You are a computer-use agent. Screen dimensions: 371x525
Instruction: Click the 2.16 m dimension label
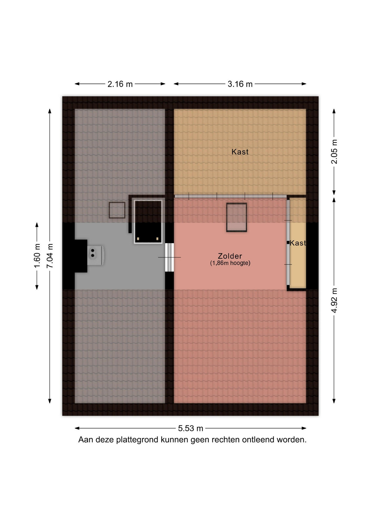[x=120, y=84]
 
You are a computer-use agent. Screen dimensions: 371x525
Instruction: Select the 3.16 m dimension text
[x=240, y=84]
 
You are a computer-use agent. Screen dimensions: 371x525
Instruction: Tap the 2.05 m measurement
[x=334, y=151]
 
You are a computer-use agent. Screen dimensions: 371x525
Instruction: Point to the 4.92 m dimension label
[x=334, y=300]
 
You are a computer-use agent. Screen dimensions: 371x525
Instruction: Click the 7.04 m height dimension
[x=50, y=256]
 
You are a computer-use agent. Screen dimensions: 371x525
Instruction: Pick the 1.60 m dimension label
[x=37, y=256]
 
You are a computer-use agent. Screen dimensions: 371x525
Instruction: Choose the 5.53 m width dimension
[x=191, y=428]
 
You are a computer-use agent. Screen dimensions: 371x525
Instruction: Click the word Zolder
[x=230, y=256]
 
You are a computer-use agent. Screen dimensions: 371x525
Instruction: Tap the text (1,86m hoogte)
[x=230, y=263]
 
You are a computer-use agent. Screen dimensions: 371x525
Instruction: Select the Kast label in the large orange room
[x=240, y=152]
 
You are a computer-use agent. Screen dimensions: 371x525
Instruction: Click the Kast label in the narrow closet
[x=298, y=243]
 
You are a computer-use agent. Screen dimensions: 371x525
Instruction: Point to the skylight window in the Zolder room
[x=237, y=217]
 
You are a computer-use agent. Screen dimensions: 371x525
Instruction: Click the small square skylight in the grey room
[x=117, y=210]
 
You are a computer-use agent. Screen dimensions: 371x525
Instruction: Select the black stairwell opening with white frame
[x=148, y=221]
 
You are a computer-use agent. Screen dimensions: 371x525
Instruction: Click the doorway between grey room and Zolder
[x=169, y=257]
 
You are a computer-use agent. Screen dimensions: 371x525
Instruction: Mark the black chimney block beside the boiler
[x=81, y=256]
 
